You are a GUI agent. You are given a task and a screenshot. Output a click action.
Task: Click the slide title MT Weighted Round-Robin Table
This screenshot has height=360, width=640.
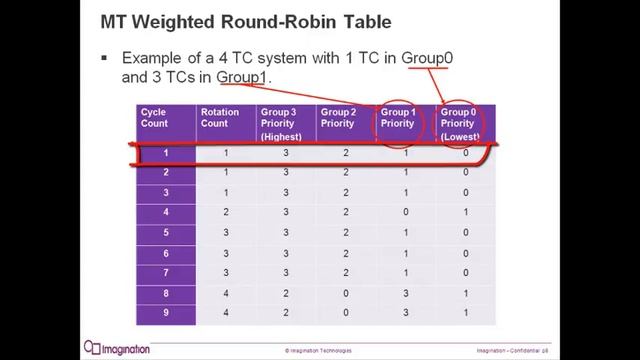[x=236, y=21]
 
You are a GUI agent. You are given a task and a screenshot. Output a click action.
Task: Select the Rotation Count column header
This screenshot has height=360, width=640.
[x=220, y=118]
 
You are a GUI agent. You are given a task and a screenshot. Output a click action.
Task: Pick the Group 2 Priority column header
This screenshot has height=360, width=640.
[x=339, y=118]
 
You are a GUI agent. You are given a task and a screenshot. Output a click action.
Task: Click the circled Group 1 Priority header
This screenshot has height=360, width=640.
[x=400, y=118]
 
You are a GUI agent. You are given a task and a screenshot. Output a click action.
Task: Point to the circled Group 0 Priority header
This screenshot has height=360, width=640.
[x=461, y=124]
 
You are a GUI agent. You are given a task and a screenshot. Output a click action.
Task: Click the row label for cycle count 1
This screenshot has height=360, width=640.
[x=166, y=154]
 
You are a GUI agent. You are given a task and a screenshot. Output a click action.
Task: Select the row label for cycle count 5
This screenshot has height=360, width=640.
[x=166, y=231]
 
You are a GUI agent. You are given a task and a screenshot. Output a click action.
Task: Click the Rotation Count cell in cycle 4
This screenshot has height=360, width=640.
[x=226, y=212]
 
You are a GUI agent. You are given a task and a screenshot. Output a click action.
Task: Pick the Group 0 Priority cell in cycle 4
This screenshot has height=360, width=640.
[x=465, y=212]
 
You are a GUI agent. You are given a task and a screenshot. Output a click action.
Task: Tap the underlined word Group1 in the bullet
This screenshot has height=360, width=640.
[x=243, y=76]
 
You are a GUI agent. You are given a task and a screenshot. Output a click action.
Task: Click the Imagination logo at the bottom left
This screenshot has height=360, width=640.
[x=117, y=348]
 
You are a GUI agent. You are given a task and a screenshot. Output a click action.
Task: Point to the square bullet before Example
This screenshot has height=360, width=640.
[x=105, y=58]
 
